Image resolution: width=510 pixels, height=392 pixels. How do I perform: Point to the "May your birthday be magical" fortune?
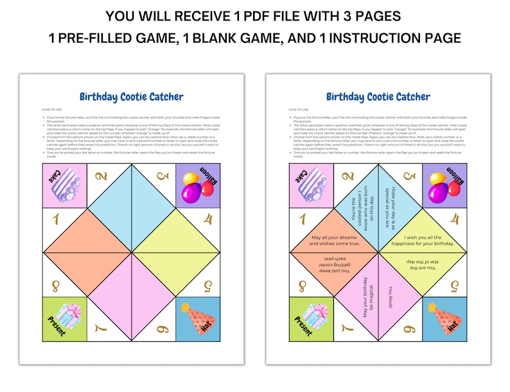365,297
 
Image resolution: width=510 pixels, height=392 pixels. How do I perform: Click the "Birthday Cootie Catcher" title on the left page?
131,97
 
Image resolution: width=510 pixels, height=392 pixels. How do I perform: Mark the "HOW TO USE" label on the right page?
299,110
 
